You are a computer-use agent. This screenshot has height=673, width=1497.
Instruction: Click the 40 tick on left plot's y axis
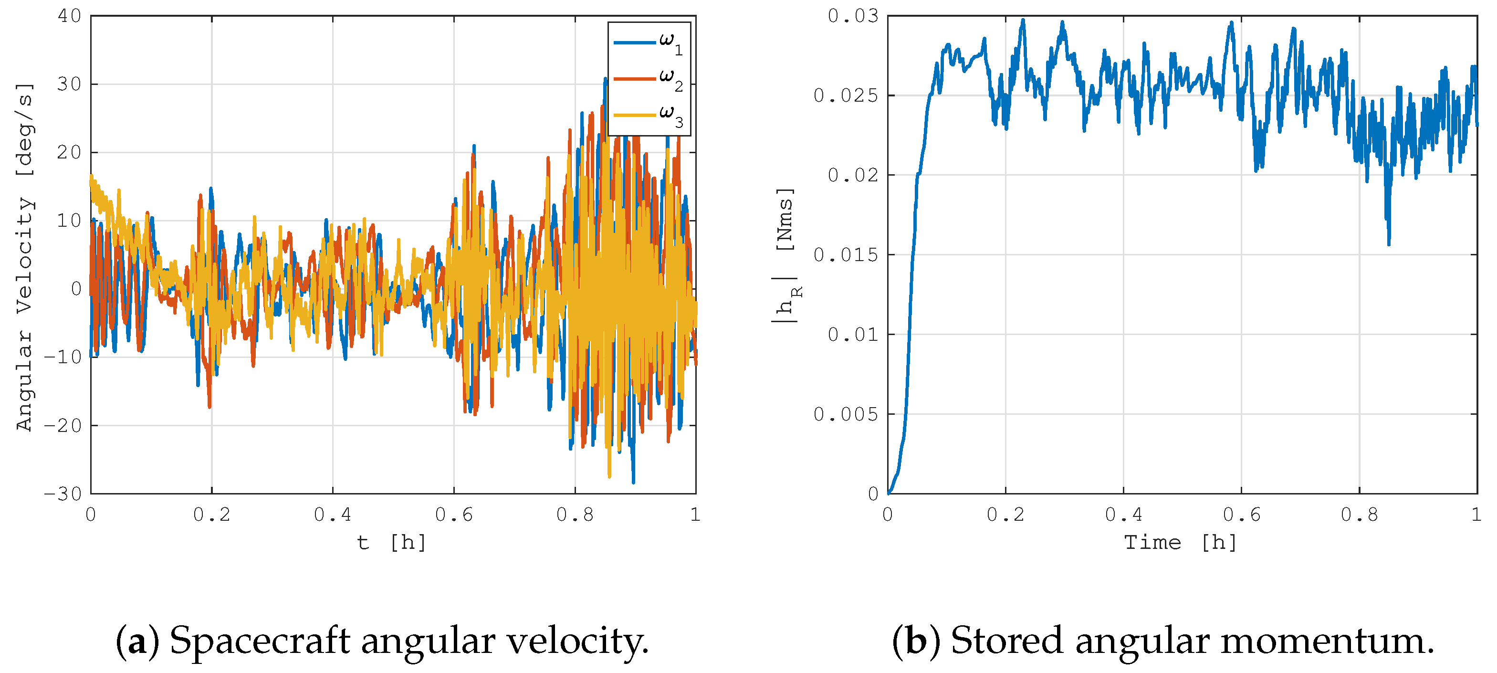(x=69, y=16)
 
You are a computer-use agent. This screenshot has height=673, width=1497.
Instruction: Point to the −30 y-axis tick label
(x=63, y=494)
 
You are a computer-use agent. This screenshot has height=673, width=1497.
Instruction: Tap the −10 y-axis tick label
(x=63, y=357)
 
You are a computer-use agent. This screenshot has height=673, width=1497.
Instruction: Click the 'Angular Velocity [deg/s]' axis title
(x=24, y=256)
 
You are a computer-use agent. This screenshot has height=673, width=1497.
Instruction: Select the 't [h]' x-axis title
(x=392, y=542)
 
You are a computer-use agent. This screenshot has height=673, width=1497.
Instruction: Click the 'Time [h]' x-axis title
(x=1180, y=542)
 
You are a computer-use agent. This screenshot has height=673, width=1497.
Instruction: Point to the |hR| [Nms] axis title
(x=785, y=256)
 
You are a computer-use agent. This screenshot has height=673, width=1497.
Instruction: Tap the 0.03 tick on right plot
(x=852, y=16)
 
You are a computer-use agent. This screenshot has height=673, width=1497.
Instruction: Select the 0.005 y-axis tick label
(x=846, y=414)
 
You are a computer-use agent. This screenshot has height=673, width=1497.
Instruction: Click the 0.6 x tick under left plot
(x=454, y=515)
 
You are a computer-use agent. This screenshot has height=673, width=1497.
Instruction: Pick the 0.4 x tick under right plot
(x=1123, y=515)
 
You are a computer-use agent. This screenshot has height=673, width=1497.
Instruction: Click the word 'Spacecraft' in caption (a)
(x=259, y=641)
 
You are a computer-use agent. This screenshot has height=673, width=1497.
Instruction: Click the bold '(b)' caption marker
(x=916, y=641)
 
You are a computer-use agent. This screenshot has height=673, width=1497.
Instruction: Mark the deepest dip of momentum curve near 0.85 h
(x=1389, y=244)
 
